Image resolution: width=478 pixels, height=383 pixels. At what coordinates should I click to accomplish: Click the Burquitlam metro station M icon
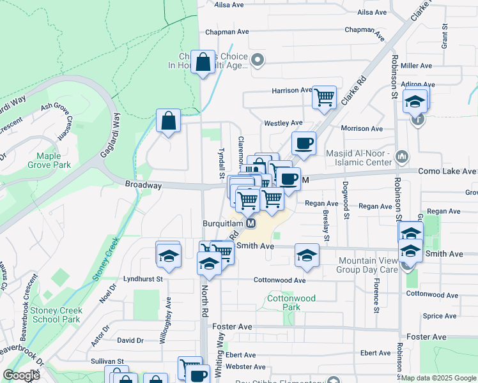coord(251,224)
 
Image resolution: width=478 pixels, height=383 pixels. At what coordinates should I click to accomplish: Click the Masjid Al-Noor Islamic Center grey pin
coord(402,156)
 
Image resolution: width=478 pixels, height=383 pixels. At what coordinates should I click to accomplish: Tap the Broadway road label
coord(143,184)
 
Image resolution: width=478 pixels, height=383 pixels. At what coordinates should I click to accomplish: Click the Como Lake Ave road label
coord(447,172)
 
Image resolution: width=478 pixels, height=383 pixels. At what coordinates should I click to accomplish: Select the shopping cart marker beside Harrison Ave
coord(325,98)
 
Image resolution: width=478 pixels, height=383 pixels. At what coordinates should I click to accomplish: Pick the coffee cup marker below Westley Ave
coord(304,142)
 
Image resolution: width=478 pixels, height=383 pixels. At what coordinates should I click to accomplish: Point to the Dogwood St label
coord(346,204)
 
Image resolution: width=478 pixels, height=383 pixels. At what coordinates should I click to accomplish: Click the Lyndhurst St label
coord(144,279)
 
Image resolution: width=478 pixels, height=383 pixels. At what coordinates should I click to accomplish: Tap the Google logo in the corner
coord(21,375)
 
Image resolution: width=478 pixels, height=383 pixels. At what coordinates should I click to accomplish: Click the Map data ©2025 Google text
coord(438,378)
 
